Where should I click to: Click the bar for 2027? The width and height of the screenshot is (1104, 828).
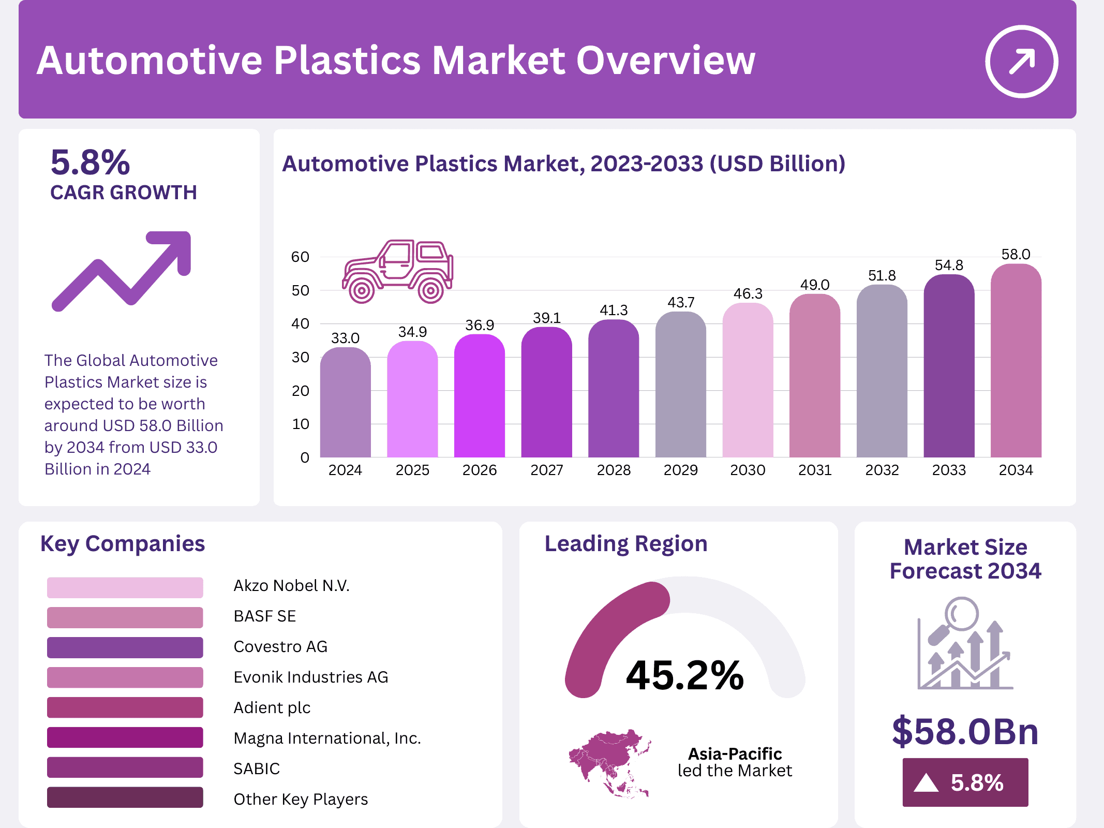(546, 393)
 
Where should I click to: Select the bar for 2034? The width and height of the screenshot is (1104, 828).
(1016, 362)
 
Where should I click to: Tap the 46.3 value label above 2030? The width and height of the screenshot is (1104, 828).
(748, 294)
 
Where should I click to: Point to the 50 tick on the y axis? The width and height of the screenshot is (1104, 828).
(300, 291)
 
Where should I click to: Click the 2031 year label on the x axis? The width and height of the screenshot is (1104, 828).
(815, 470)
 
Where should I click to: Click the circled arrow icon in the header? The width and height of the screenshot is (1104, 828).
(1021, 62)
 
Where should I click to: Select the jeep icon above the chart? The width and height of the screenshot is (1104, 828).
(397, 271)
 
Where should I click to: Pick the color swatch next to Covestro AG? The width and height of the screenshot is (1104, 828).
(125, 647)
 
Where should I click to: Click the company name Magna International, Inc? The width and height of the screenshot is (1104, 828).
(327, 738)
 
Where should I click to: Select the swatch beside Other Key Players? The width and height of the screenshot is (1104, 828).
(125, 797)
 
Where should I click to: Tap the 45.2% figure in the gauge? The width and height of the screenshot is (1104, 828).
(684, 675)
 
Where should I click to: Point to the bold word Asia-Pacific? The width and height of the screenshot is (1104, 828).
(735, 754)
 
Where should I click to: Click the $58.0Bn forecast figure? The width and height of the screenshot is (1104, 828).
(965, 732)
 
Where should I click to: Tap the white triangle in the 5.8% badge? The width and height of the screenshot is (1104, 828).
(926, 783)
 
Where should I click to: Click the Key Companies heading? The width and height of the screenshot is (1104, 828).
(123, 544)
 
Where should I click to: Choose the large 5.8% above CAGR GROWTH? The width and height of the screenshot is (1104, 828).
(90, 162)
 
